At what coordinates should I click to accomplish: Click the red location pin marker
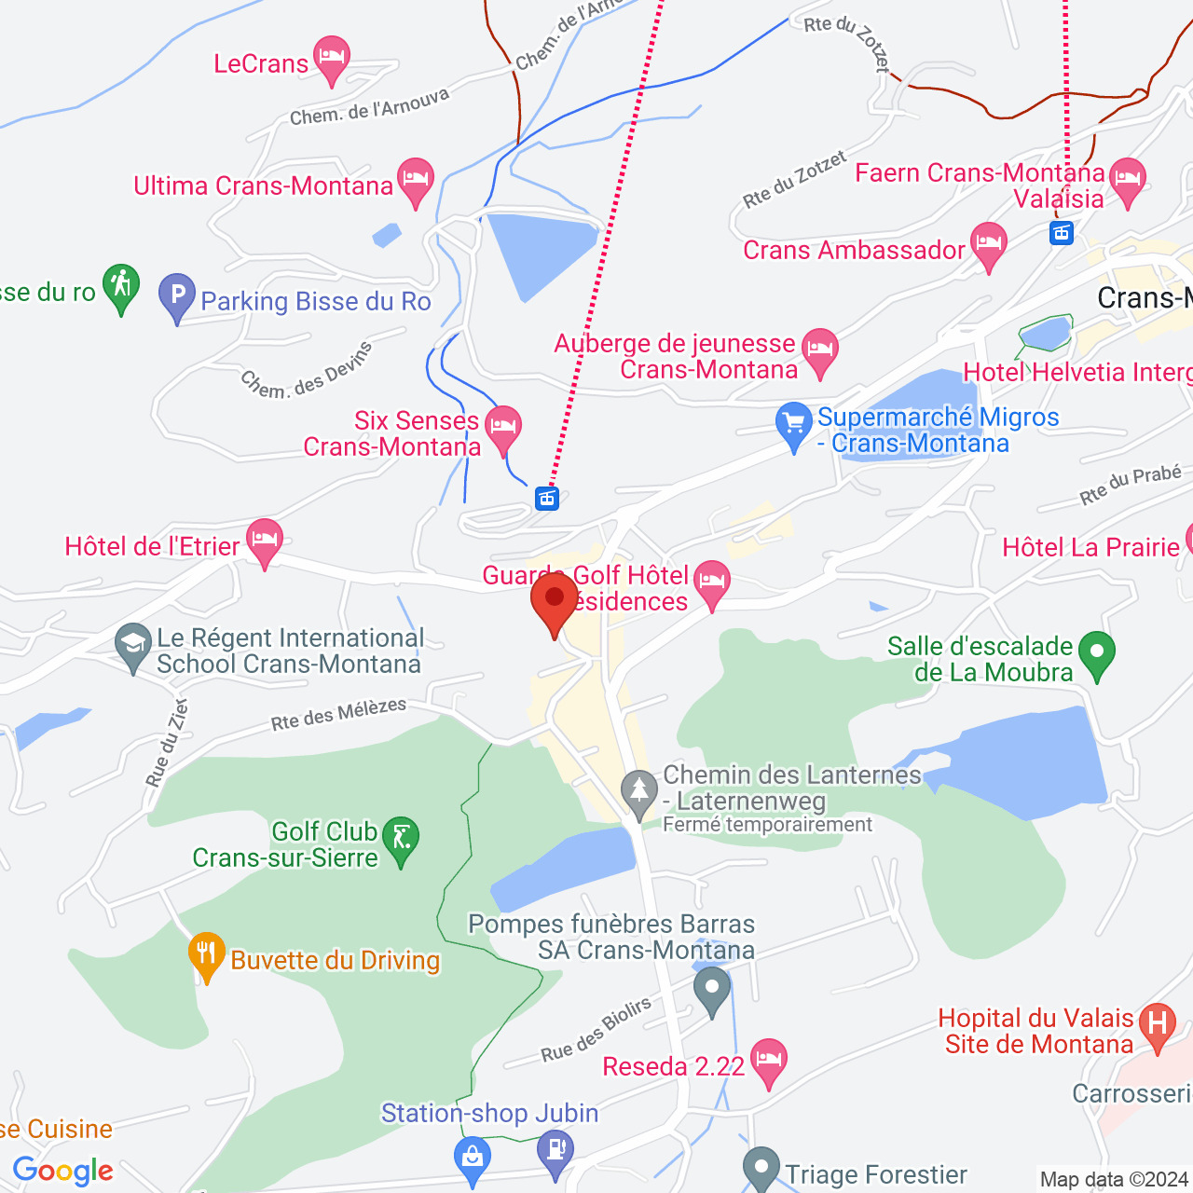tap(555, 601)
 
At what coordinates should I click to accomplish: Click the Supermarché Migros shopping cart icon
tap(794, 424)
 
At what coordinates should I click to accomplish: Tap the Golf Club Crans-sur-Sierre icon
tap(402, 840)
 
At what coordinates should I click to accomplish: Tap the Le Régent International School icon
tap(133, 645)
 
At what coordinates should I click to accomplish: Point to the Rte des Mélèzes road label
tap(338, 715)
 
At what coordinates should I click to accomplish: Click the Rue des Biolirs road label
tap(596, 1031)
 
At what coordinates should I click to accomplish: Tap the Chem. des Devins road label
tap(307, 372)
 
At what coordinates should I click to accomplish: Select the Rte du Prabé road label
tap(1131, 485)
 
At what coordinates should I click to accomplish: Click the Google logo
tap(63, 1171)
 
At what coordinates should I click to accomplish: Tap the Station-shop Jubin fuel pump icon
tap(556, 1150)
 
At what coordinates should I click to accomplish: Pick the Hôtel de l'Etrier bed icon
tap(265, 541)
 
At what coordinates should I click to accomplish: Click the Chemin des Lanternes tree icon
tap(639, 792)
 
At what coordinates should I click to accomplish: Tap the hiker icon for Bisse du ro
tap(121, 285)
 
